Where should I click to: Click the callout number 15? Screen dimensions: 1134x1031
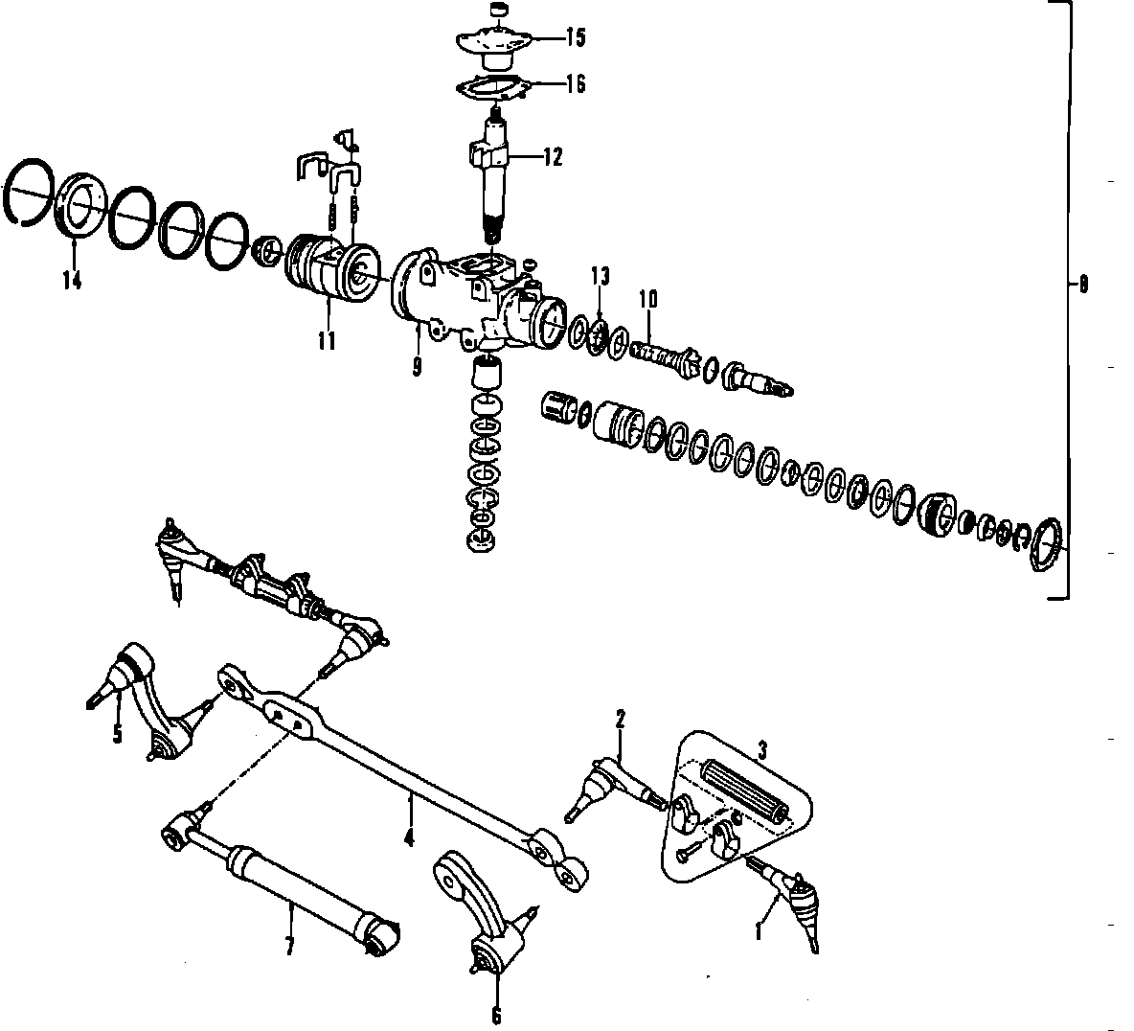(576, 38)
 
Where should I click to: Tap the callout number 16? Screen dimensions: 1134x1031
(576, 84)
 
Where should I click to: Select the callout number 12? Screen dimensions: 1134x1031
(553, 157)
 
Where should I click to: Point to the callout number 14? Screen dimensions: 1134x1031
(71, 281)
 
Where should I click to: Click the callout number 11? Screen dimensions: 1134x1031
(327, 340)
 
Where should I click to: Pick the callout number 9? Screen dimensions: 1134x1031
(418, 367)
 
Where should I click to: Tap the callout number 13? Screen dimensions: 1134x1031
(600, 277)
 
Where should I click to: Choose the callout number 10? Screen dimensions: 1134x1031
(648, 298)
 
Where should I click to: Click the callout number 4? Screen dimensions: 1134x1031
(409, 838)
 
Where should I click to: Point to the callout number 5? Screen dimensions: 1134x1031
(117, 734)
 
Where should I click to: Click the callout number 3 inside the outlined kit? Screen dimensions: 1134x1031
(762, 750)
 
